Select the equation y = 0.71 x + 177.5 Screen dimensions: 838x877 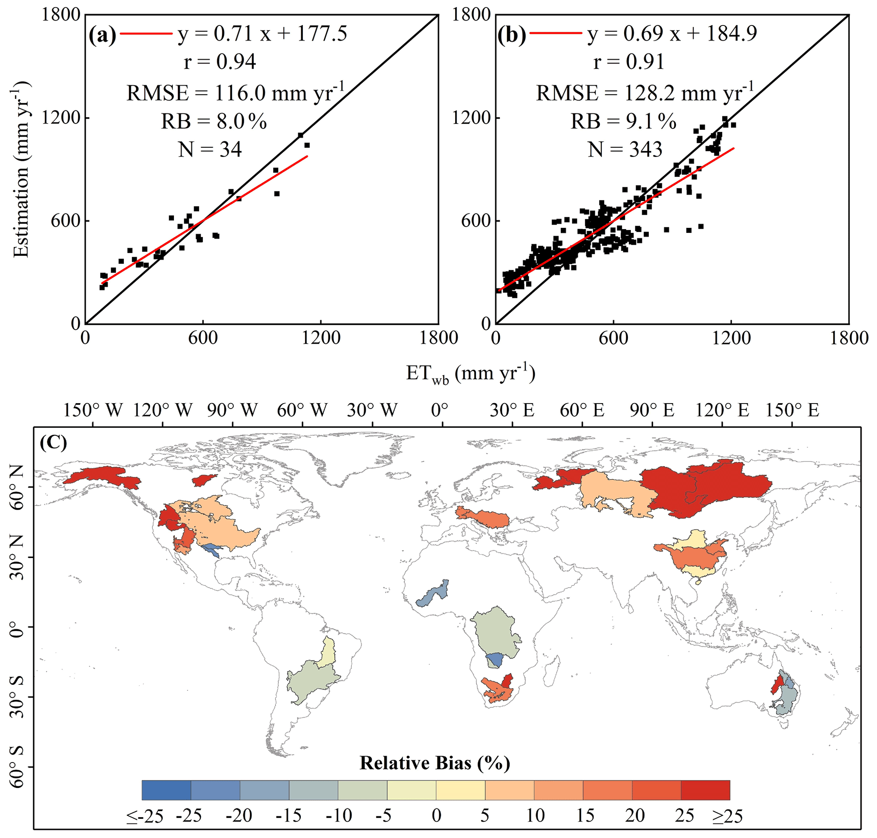pos(262,34)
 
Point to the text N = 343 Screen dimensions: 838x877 pos(625,149)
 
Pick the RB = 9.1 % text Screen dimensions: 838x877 pos(623,121)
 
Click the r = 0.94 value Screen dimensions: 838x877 pos(220,62)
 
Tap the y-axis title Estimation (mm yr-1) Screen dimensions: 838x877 pos(20,169)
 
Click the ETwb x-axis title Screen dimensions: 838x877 pos(470,373)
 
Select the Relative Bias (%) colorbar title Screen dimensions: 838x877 pos(435,763)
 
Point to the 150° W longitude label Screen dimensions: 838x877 pos(92,410)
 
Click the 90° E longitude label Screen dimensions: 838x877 pos(652,410)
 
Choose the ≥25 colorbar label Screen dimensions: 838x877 pos(727,816)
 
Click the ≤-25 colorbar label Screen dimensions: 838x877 pos(144,816)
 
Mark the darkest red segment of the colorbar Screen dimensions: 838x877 pos(705,790)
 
